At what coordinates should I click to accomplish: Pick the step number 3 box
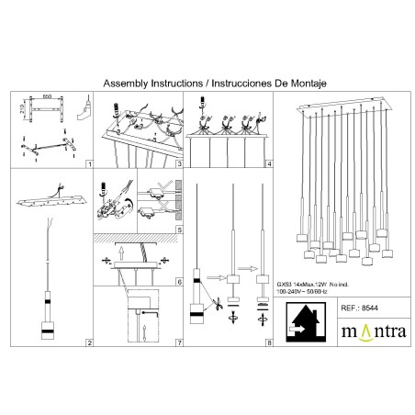click(x=180, y=166)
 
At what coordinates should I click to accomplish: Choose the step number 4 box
click(x=269, y=166)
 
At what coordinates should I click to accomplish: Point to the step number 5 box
click(x=180, y=229)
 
